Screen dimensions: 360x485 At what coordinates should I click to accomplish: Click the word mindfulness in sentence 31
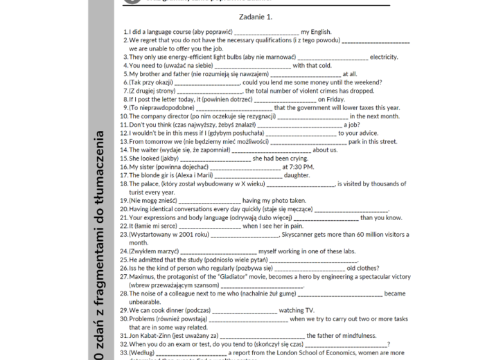coord(349,336)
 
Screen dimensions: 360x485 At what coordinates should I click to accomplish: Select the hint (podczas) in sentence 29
coord(198,310)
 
